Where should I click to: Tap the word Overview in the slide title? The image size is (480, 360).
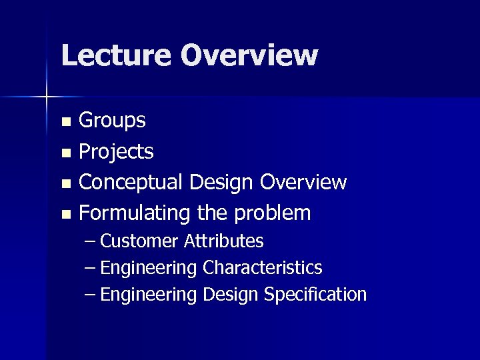coord(249,55)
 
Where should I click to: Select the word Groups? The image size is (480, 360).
coord(112,121)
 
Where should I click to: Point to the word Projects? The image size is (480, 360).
coord(116,152)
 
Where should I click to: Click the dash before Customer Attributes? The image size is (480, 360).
coord(91,241)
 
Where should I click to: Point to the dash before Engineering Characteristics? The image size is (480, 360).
coord(91,269)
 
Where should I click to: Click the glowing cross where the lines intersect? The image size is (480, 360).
coord(47,97)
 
